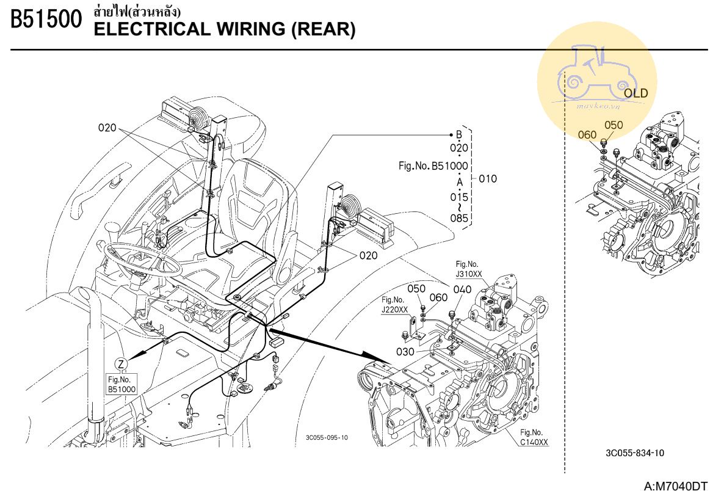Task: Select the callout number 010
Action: (x=488, y=179)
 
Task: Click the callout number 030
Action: (x=405, y=351)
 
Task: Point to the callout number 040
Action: (x=462, y=289)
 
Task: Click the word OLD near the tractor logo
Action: (x=636, y=93)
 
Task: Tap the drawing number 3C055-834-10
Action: (x=635, y=453)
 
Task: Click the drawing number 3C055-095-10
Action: (x=327, y=437)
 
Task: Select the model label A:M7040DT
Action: (x=675, y=486)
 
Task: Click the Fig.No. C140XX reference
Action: (x=534, y=438)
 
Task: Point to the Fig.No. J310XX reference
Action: (x=468, y=269)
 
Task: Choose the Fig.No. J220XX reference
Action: (x=394, y=304)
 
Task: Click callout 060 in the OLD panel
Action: (x=587, y=134)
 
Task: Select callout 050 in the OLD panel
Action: (x=614, y=125)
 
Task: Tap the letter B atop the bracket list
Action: (x=459, y=135)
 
